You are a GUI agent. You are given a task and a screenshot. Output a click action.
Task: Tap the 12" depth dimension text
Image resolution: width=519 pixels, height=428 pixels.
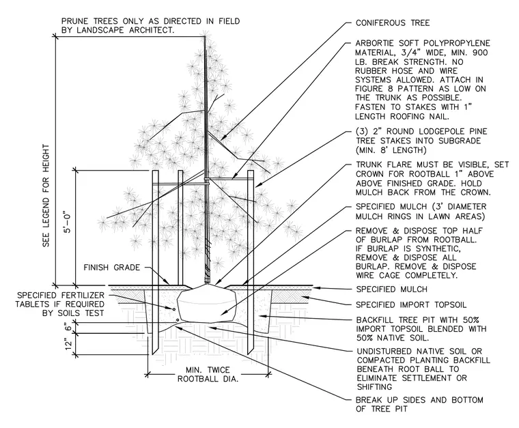coord(68,345)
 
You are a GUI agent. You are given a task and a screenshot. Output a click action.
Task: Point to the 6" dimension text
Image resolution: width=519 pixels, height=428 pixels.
coord(68,327)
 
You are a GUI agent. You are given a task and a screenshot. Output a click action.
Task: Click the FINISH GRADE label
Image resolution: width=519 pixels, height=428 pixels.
coord(112,268)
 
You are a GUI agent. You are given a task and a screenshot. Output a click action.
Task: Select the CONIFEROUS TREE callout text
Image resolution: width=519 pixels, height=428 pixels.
coord(393,23)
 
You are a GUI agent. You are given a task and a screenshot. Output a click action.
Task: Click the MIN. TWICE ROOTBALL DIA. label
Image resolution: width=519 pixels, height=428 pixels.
coord(208,375)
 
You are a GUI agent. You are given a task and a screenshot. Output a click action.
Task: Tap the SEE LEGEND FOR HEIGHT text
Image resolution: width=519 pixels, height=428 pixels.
coord(46,195)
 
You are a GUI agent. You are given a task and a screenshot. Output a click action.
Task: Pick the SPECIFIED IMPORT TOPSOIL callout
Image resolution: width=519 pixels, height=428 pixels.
coord(411,304)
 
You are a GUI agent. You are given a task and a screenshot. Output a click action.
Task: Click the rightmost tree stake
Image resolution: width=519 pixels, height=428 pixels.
coord(251,262)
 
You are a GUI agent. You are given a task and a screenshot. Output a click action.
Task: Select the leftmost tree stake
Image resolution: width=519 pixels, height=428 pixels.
coord(155,262)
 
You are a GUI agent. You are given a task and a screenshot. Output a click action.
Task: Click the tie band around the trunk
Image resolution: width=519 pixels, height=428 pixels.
coord(207,179)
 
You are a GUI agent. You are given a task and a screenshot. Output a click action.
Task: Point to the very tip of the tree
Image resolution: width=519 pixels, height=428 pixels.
coord(205,35)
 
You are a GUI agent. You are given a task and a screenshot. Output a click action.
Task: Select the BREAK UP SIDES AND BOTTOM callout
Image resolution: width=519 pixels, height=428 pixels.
coord(419,405)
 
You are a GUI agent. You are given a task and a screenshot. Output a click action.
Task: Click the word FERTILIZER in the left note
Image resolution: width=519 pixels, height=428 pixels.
coord(83,295)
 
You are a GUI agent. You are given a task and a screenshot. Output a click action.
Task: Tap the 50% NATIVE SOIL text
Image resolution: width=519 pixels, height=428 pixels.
coord(393,338)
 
